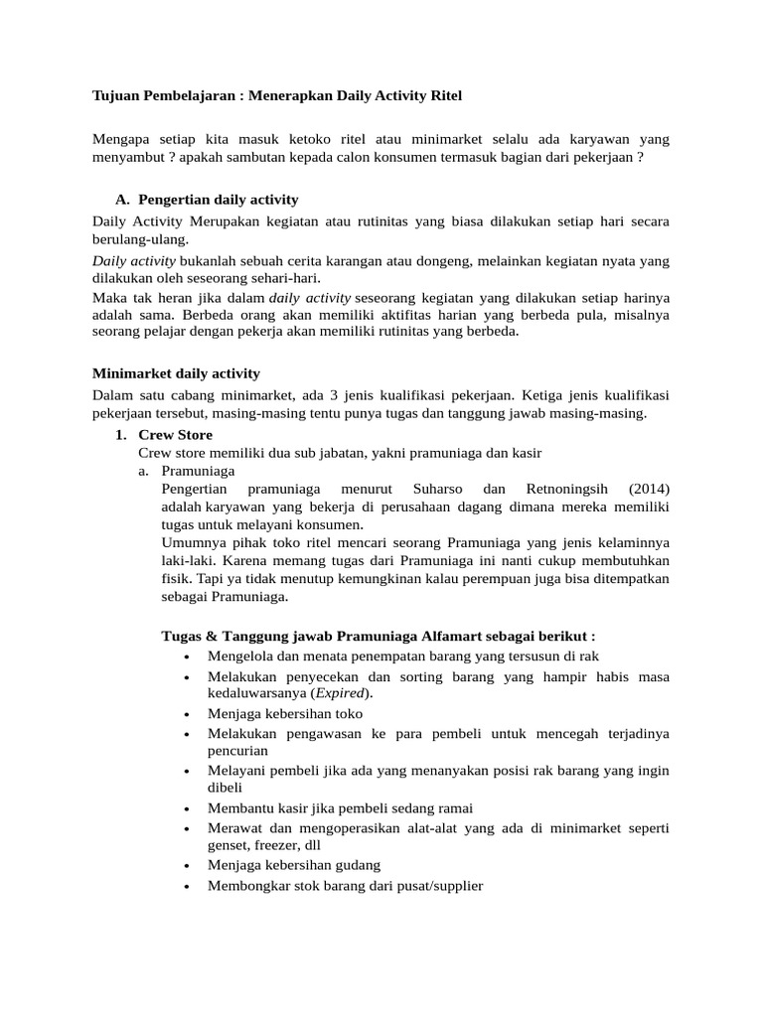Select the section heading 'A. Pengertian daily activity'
click(x=208, y=200)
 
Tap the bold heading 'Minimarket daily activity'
click(x=176, y=373)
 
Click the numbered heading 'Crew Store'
click(x=175, y=435)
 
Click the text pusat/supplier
click(x=432, y=885)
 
